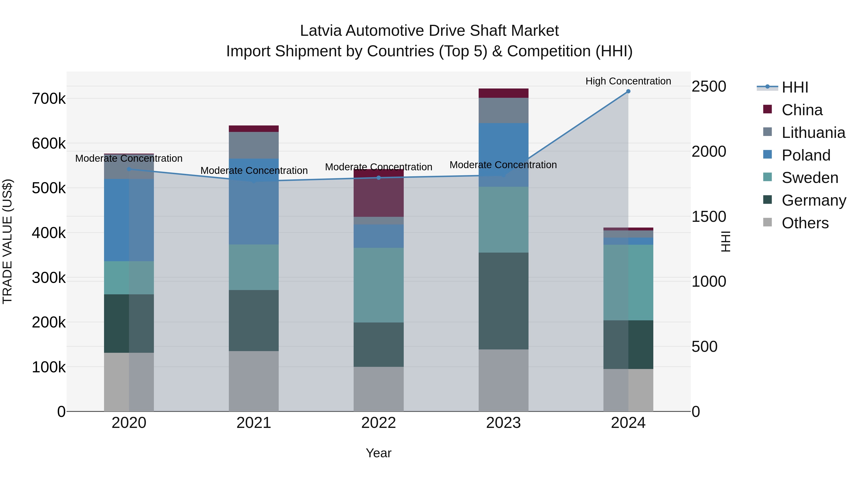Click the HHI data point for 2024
[x=628, y=91]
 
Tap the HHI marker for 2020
[x=129, y=169]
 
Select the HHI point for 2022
[x=378, y=178]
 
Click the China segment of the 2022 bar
[x=378, y=193]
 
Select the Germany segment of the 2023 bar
[x=503, y=301]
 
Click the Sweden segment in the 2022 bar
[x=378, y=285]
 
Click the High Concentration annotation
[x=628, y=81]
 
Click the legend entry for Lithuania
[x=813, y=133]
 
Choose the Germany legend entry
[x=814, y=200]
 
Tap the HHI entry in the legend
[x=795, y=87]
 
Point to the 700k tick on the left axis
[x=49, y=99]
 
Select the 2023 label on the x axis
[x=503, y=423]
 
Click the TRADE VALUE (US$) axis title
[x=8, y=241]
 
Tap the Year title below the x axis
[x=378, y=453]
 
